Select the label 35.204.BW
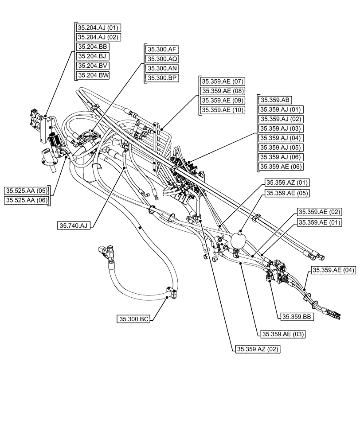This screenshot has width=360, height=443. (x=93, y=75)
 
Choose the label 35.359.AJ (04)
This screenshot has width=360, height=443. (x=281, y=138)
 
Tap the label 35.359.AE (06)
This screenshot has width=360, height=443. (x=281, y=167)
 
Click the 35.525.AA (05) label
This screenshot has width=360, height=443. (x=27, y=191)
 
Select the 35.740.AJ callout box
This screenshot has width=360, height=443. (x=74, y=226)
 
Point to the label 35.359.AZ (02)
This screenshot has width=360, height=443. (x=257, y=349)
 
